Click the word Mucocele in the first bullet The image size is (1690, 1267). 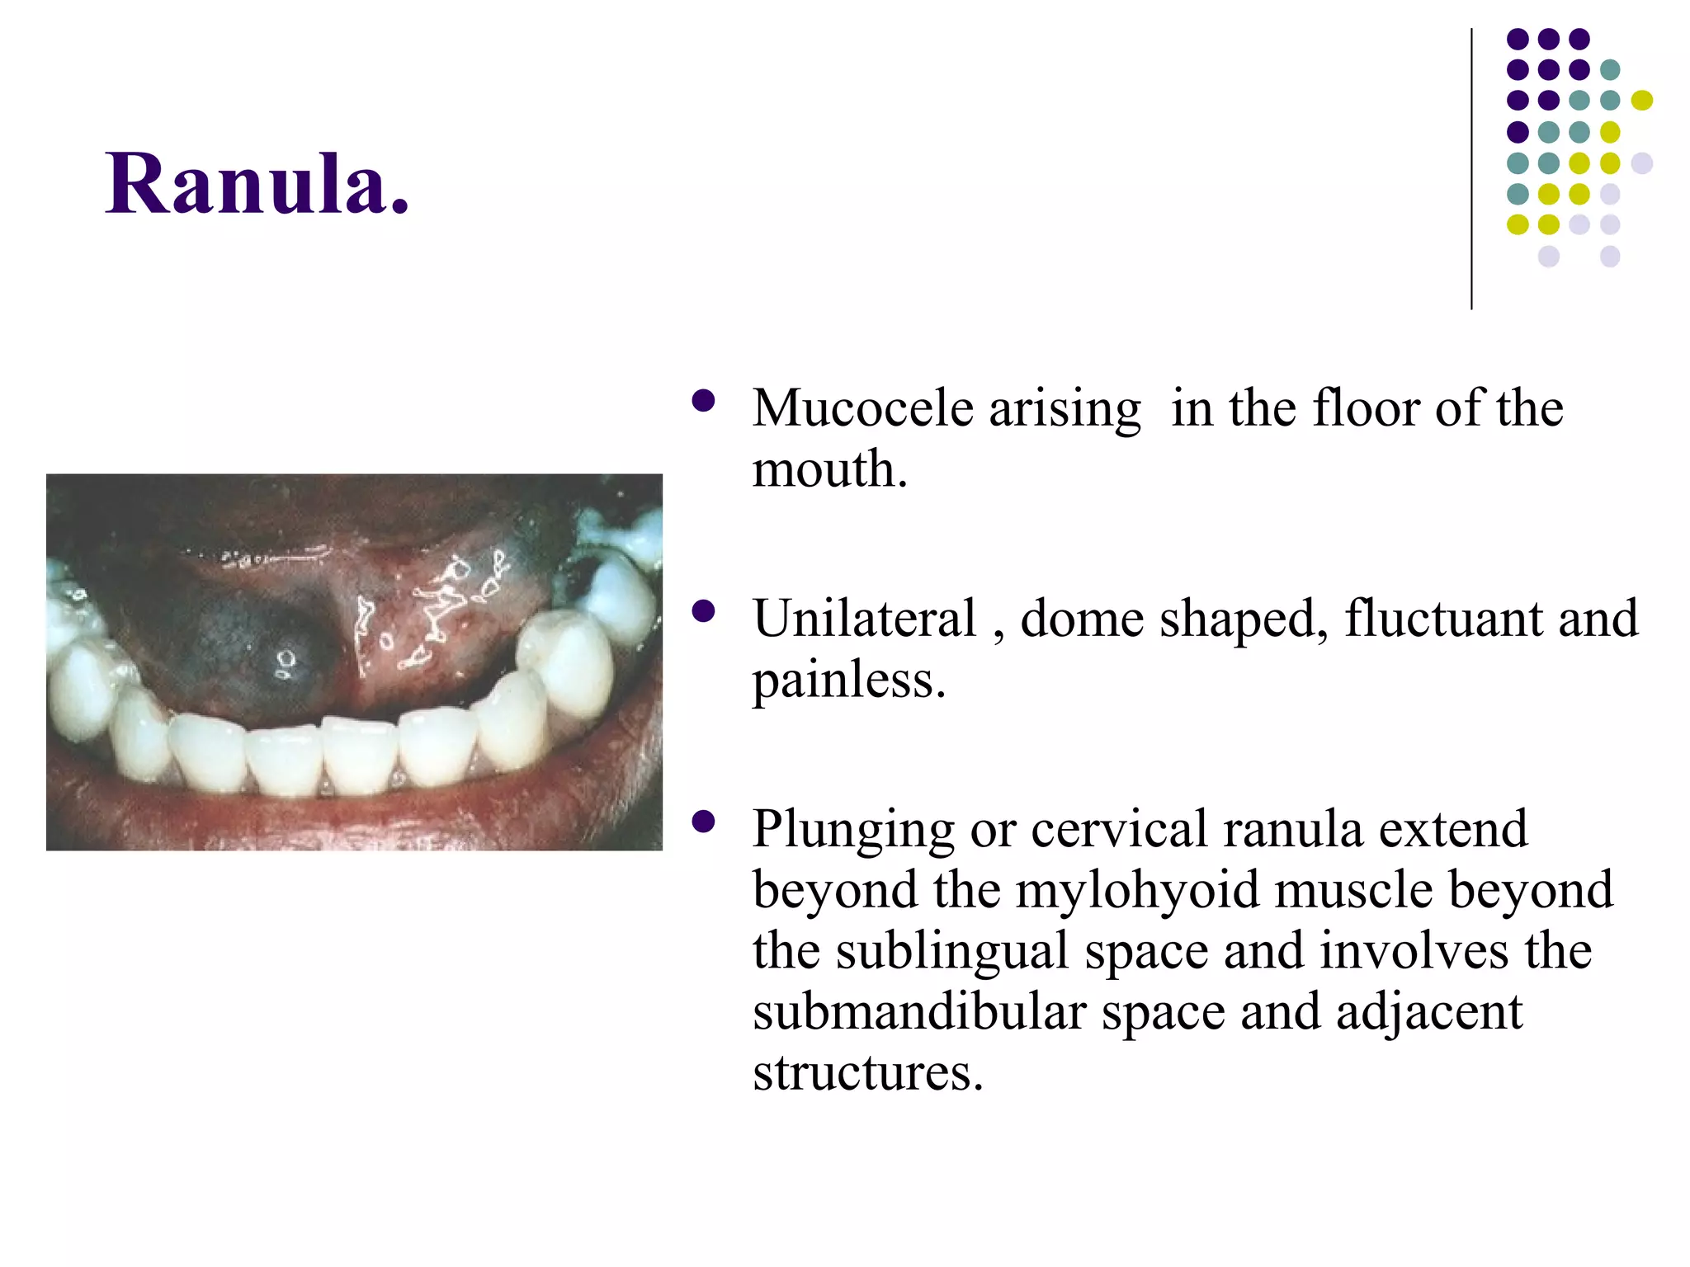(x=863, y=408)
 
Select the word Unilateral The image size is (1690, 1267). (x=865, y=619)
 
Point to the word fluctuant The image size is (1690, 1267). (x=1443, y=619)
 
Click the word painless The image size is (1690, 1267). (x=848, y=681)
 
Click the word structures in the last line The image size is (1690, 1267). (x=868, y=1072)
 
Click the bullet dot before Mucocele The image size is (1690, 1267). (x=703, y=402)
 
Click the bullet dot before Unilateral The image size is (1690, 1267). (x=703, y=612)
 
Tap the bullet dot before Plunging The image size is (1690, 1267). (x=703, y=822)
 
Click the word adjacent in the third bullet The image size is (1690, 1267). (x=1429, y=1012)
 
